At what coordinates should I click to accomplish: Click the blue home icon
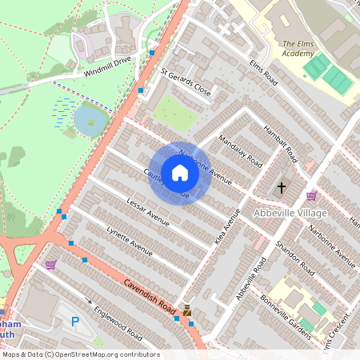click(x=180, y=173)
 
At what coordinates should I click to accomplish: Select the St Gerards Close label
click(x=186, y=83)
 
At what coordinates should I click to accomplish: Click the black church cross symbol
click(x=281, y=189)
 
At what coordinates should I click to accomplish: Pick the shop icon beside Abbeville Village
click(x=311, y=195)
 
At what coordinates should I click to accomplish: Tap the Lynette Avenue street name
click(x=129, y=241)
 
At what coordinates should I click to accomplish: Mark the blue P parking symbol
click(x=76, y=322)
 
